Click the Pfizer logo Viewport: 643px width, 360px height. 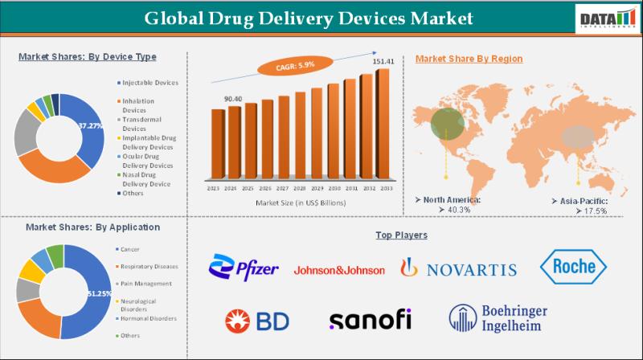coord(244,268)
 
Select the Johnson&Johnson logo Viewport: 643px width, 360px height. coord(339,270)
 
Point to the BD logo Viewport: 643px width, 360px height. coord(257,321)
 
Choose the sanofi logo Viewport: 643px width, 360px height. coord(370,320)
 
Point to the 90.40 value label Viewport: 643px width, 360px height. coord(233,99)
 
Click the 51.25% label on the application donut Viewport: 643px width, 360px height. coord(99,294)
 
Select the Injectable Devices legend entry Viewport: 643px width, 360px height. coord(149,82)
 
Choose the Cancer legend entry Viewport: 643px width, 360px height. coord(131,249)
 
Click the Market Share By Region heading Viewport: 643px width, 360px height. coord(469,59)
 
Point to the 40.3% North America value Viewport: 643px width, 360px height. coord(449,209)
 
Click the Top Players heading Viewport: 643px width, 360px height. coord(401,235)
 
